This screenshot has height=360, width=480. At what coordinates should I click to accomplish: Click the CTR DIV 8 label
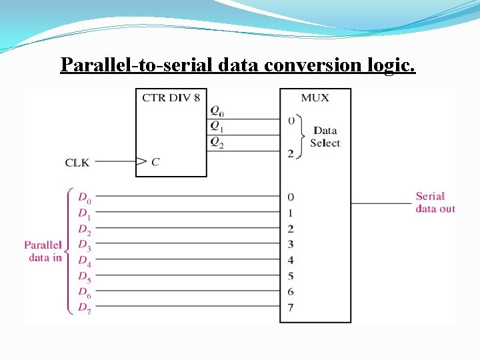pos(171,98)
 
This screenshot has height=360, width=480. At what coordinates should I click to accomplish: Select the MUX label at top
pos(315,98)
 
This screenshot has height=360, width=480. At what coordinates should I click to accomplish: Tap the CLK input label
pos(77,162)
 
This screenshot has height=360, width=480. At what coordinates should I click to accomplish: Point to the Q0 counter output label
pos(217,111)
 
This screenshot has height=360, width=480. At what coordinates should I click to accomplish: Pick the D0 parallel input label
pos(84,197)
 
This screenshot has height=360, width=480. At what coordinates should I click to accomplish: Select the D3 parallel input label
pos(84,245)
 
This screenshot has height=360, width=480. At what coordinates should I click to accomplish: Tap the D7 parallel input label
pos(84,308)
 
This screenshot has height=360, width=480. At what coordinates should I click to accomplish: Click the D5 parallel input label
pos(84,276)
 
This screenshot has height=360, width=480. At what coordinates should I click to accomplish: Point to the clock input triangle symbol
pos(141,161)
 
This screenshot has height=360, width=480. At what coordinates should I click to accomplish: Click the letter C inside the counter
pos(155,161)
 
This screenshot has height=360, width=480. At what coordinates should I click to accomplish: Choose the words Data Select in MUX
pos(325,137)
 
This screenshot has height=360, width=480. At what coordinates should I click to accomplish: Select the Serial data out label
pos(435,202)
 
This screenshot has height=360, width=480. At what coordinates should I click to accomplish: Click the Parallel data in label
pos(43,251)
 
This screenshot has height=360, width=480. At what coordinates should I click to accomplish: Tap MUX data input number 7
pos(290,307)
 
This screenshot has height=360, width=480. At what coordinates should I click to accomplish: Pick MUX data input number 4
pos(290,260)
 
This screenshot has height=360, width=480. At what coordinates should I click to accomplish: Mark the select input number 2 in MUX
pos(290,153)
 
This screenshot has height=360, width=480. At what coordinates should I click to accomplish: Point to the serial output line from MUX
pos(381,203)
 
